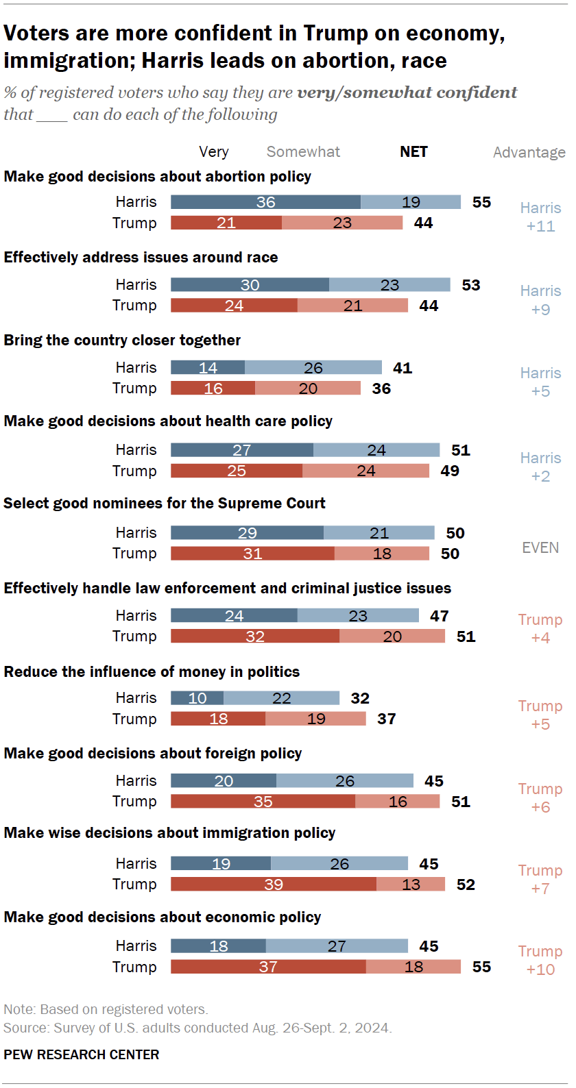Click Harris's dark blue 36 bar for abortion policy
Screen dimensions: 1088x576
point(265,202)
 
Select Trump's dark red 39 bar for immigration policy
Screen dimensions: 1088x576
point(273,885)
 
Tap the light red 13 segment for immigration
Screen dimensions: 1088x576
point(411,885)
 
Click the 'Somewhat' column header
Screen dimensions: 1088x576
point(303,152)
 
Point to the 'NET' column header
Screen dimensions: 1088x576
point(413,152)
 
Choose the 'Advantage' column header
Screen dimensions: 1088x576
point(529,152)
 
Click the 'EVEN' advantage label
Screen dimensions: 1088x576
point(540,547)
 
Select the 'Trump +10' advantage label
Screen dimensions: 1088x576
point(540,960)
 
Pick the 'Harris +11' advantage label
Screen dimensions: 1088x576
point(540,217)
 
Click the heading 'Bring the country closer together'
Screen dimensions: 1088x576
point(122,341)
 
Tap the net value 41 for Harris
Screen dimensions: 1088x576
point(403,368)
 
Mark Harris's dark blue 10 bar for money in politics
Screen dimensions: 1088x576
point(197,698)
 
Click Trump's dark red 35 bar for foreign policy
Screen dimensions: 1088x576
point(263,802)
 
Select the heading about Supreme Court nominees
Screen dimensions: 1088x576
point(165,504)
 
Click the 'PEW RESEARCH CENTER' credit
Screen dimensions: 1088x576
point(81,1054)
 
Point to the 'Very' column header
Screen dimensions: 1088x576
point(214,152)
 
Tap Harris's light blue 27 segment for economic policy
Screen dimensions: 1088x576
point(337,946)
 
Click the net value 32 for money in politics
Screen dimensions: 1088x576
point(360,698)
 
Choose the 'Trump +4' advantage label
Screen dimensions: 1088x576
point(540,628)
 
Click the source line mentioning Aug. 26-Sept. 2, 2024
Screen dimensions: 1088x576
point(197,1028)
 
